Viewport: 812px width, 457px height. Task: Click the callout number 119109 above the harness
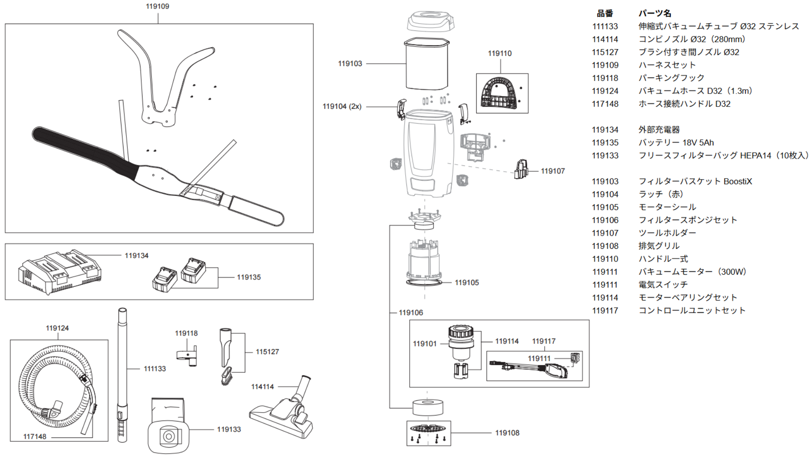point(157,6)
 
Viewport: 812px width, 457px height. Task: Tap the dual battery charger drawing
point(60,271)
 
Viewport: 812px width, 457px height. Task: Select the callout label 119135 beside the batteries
point(249,277)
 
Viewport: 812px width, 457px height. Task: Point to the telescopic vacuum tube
point(122,375)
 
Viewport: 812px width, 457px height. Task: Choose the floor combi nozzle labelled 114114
point(282,409)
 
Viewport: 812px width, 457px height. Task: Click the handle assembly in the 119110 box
point(501,93)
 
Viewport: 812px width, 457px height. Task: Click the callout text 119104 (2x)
point(342,106)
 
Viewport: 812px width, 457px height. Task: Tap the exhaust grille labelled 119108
point(428,433)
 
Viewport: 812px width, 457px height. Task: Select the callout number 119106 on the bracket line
point(411,313)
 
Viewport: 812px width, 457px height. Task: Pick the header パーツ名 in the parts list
point(655,13)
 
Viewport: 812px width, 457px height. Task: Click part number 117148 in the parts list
point(605,104)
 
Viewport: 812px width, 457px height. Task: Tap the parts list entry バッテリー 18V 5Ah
point(676,143)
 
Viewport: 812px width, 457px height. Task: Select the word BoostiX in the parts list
point(738,182)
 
